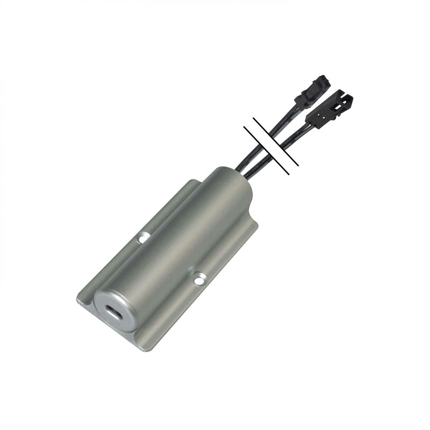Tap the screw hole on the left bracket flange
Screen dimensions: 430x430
(143, 236)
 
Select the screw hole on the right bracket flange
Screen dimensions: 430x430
(199, 280)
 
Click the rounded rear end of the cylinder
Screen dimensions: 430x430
(236, 180)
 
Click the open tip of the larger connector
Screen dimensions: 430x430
(347, 99)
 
